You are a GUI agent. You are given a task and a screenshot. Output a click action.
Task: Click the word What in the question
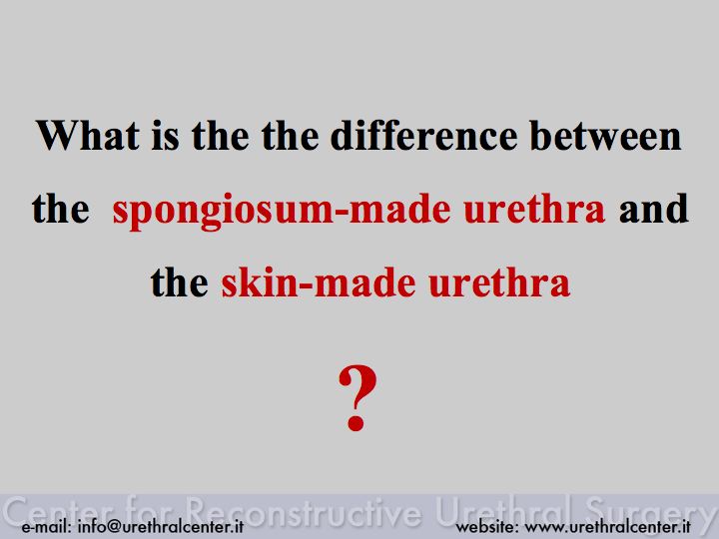coord(88,135)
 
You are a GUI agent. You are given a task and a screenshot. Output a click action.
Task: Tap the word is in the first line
coord(165,135)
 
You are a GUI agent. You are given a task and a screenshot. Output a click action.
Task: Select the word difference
coord(424,135)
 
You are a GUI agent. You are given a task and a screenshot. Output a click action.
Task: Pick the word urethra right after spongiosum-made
coord(534,209)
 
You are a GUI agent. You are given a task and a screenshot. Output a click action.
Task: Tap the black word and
coord(653,209)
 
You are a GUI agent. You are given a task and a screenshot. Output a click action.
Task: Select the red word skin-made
coord(319,282)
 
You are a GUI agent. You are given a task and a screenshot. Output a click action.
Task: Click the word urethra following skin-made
coord(499,282)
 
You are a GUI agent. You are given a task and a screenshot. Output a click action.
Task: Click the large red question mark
coord(358,397)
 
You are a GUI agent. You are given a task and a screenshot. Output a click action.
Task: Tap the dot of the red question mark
coord(356,421)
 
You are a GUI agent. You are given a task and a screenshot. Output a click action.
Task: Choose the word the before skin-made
coord(180,282)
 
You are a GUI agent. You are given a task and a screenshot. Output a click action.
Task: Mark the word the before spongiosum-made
coord(61,209)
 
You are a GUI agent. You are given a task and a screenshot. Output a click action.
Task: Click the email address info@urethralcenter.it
coord(161,526)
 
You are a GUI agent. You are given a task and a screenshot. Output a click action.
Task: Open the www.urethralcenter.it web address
coord(607,526)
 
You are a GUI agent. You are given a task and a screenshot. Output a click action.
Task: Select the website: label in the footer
coord(487,526)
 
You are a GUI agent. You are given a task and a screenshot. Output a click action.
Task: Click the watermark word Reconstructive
coord(305,511)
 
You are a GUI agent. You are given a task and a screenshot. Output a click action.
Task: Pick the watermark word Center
coord(59,511)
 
